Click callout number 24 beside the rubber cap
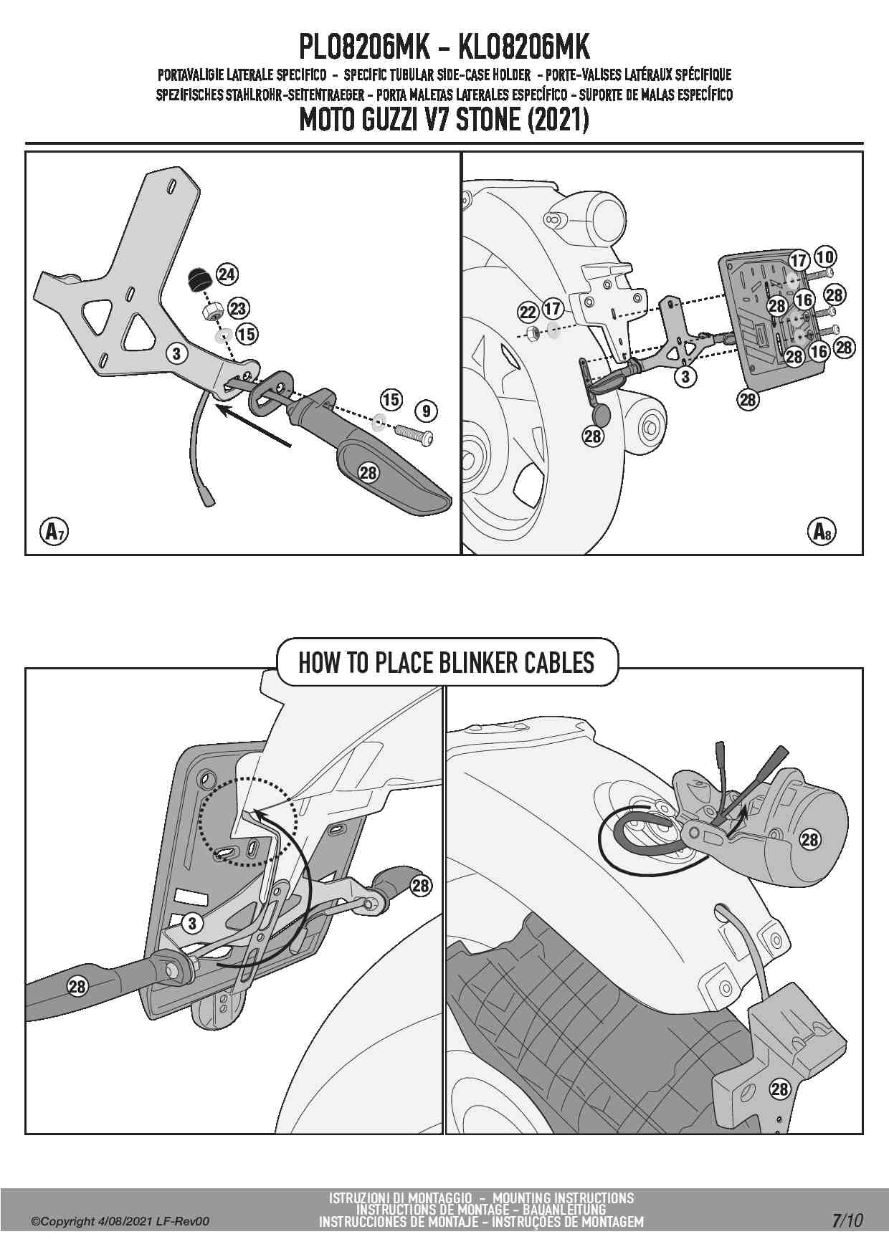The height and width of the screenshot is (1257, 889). (227, 274)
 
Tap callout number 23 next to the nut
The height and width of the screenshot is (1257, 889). (238, 309)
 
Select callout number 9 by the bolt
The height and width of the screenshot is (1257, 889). (426, 411)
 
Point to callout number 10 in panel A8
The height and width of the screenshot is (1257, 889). (825, 257)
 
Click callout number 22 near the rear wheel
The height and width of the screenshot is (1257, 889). (528, 312)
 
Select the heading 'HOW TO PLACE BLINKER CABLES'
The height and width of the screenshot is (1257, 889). (446, 663)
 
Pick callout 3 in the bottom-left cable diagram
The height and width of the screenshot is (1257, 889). (191, 923)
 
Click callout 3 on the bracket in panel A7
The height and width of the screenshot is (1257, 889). (176, 353)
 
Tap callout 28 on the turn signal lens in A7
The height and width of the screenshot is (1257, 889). (368, 473)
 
